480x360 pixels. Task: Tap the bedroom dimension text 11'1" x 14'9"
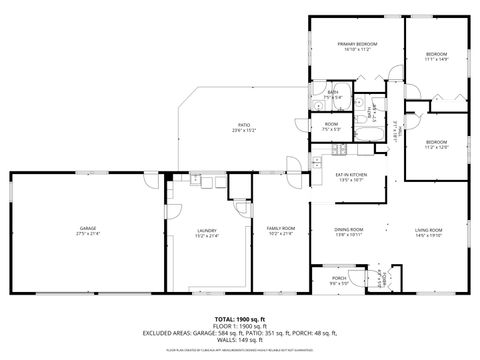437,59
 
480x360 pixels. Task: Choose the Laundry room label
207,229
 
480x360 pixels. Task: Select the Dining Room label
349,229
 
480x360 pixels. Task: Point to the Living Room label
428,229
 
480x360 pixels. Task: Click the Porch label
339,277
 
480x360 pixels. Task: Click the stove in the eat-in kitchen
338,151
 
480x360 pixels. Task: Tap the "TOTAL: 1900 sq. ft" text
240,319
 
